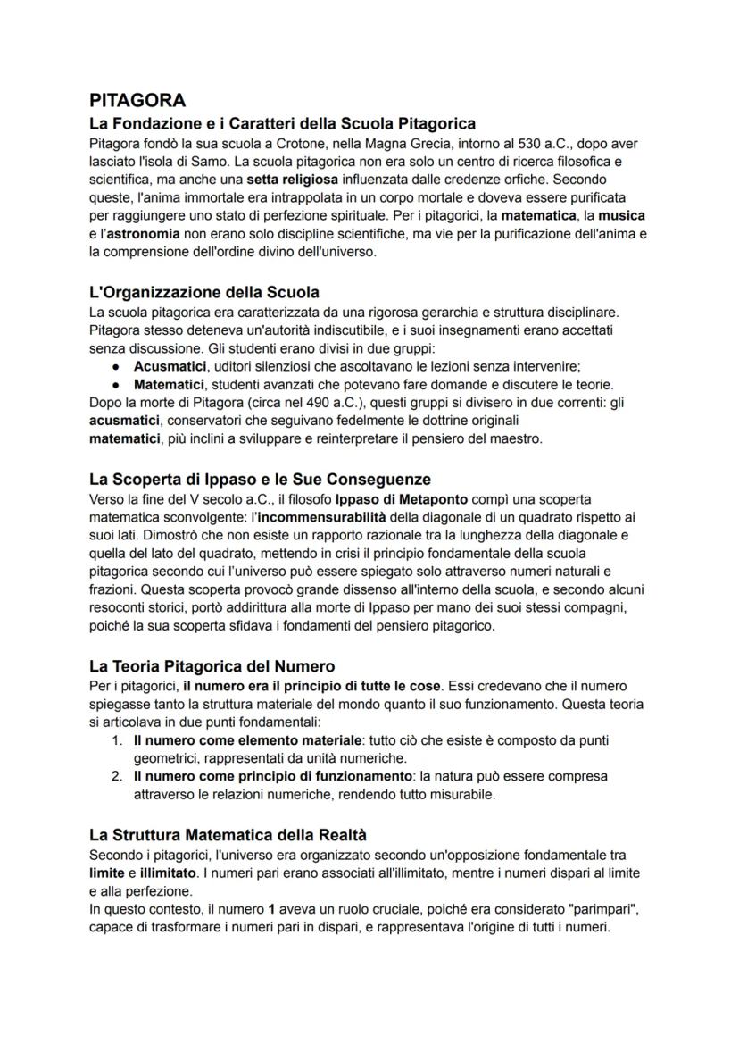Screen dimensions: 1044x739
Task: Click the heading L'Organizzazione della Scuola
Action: point(204,292)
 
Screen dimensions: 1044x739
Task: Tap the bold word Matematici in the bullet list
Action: point(169,384)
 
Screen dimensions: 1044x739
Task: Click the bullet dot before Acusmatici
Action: point(116,366)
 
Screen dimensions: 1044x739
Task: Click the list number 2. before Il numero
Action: point(117,775)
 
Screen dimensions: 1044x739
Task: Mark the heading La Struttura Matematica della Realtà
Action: point(228,835)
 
